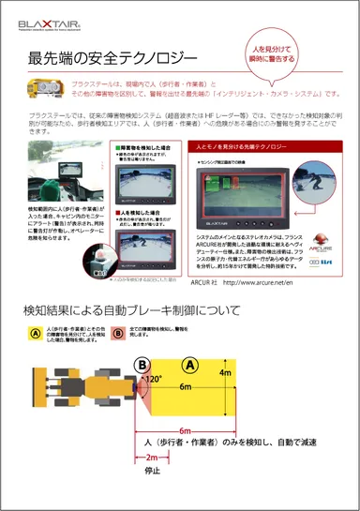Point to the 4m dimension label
point(250,373)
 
